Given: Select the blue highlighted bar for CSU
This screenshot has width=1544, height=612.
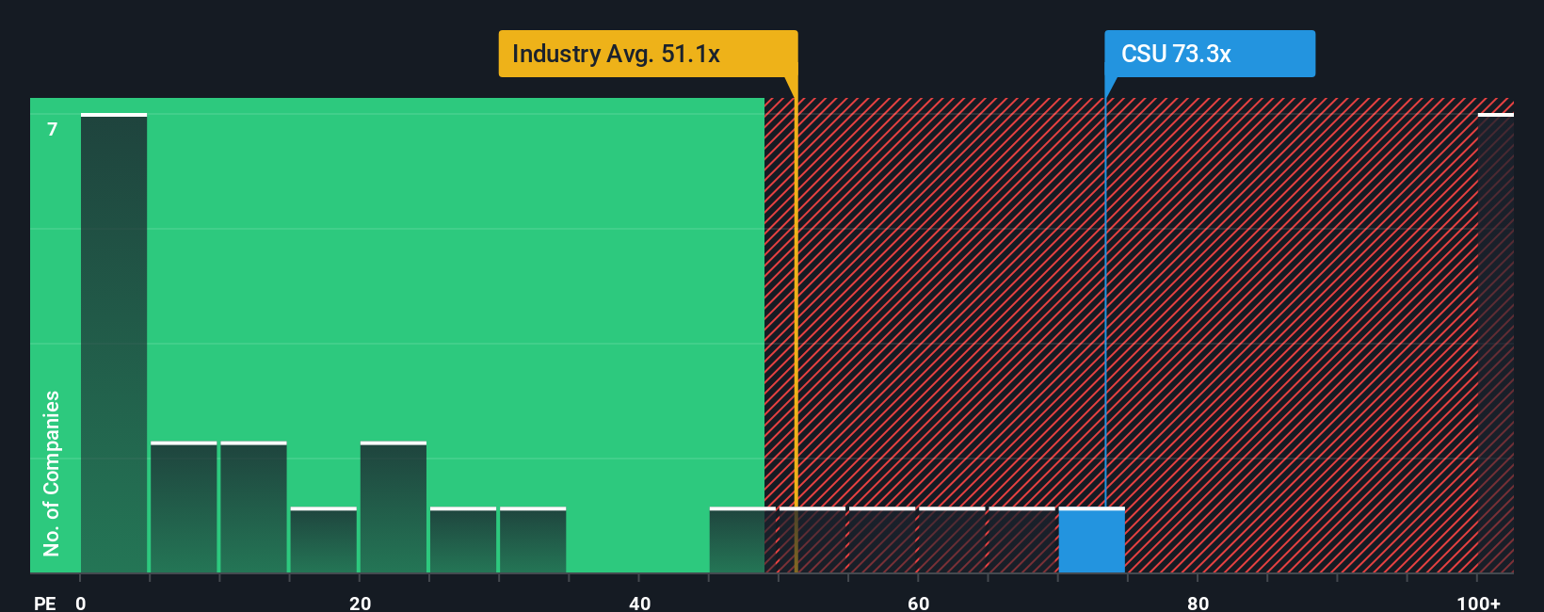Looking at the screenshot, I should pyautogui.click(x=1091, y=540).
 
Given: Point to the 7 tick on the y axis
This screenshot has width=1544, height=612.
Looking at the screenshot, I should pyautogui.click(x=53, y=129).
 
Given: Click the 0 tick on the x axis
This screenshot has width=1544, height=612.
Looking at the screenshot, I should pyautogui.click(x=81, y=603).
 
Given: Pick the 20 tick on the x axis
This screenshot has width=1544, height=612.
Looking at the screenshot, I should pyautogui.click(x=360, y=603).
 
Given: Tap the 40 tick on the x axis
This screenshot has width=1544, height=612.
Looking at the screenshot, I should pyautogui.click(x=639, y=603).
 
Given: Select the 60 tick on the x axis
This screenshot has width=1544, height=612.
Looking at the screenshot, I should pyautogui.click(x=918, y=603).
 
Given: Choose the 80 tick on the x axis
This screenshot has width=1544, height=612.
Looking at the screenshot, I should pyautogui.click(x=1198, y=603).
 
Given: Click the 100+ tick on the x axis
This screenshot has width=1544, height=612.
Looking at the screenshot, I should pyautogui.click(x=1478, y=603).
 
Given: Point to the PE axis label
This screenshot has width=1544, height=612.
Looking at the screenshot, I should pyautogui.click(x=44, y=603).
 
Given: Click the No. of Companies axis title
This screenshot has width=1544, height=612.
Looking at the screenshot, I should pyautogui.click(x=52, y=473).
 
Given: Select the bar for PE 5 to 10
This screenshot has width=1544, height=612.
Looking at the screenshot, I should pyautogui.click(x=184, y=507).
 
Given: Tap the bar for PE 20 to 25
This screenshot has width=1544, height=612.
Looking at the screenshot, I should pyautogui.click(x=394, y=507).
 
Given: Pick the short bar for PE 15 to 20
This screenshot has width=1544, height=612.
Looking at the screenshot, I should pyautogui.click(x=324, y=540).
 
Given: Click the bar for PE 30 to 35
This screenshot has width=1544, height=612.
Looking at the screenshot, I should pyautogui.click(x=533, y=540).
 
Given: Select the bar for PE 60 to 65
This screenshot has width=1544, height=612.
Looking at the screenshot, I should pyautogui.click(x=952, y=540).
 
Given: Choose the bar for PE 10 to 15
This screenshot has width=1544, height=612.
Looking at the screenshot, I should pyautogui.click(x=253, y=507).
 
